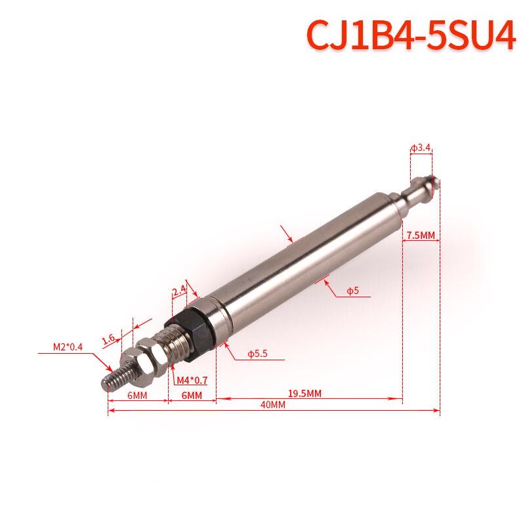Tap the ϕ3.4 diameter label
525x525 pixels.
pyautogui.click(x=421, y=148)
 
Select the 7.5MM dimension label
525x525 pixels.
pyautogui.click(x=421, y=236)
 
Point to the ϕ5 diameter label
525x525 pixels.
pyautogui.click(x=352, y=290)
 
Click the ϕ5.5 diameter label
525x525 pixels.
pyautogui.click(x=257, y=354)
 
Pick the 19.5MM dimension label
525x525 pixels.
pyautogui.click(x=304, y=393)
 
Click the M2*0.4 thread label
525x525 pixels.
pyautogui.click(x=68, y=347)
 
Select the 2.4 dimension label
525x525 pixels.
pyautogui.click(x=178, y=291)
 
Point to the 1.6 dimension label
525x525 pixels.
pyautogui.click(x=109, y=339)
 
